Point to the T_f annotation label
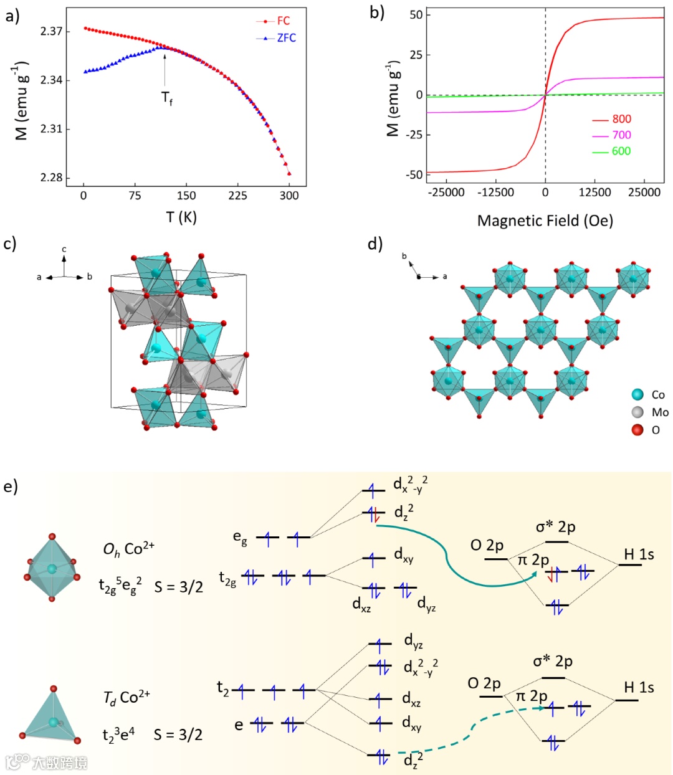click(x=167, y=98)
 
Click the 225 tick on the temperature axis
click(x=237, y=196)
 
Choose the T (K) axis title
click(x=181, y=217)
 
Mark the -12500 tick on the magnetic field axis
click(x=495, y=193)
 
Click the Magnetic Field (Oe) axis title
click(x=545, y=221)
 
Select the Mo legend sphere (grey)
click(x=637, y=412)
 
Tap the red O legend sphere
click(x=637, y=430)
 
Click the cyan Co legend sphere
click(x=637, y=395)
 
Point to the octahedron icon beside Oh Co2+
click(x=52, y=567)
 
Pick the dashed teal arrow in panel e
click(x=474, y=729)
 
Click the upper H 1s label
click(x=639, y=554)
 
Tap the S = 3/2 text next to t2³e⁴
click(x=178, y=735)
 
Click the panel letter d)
click(x=375, y=244)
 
